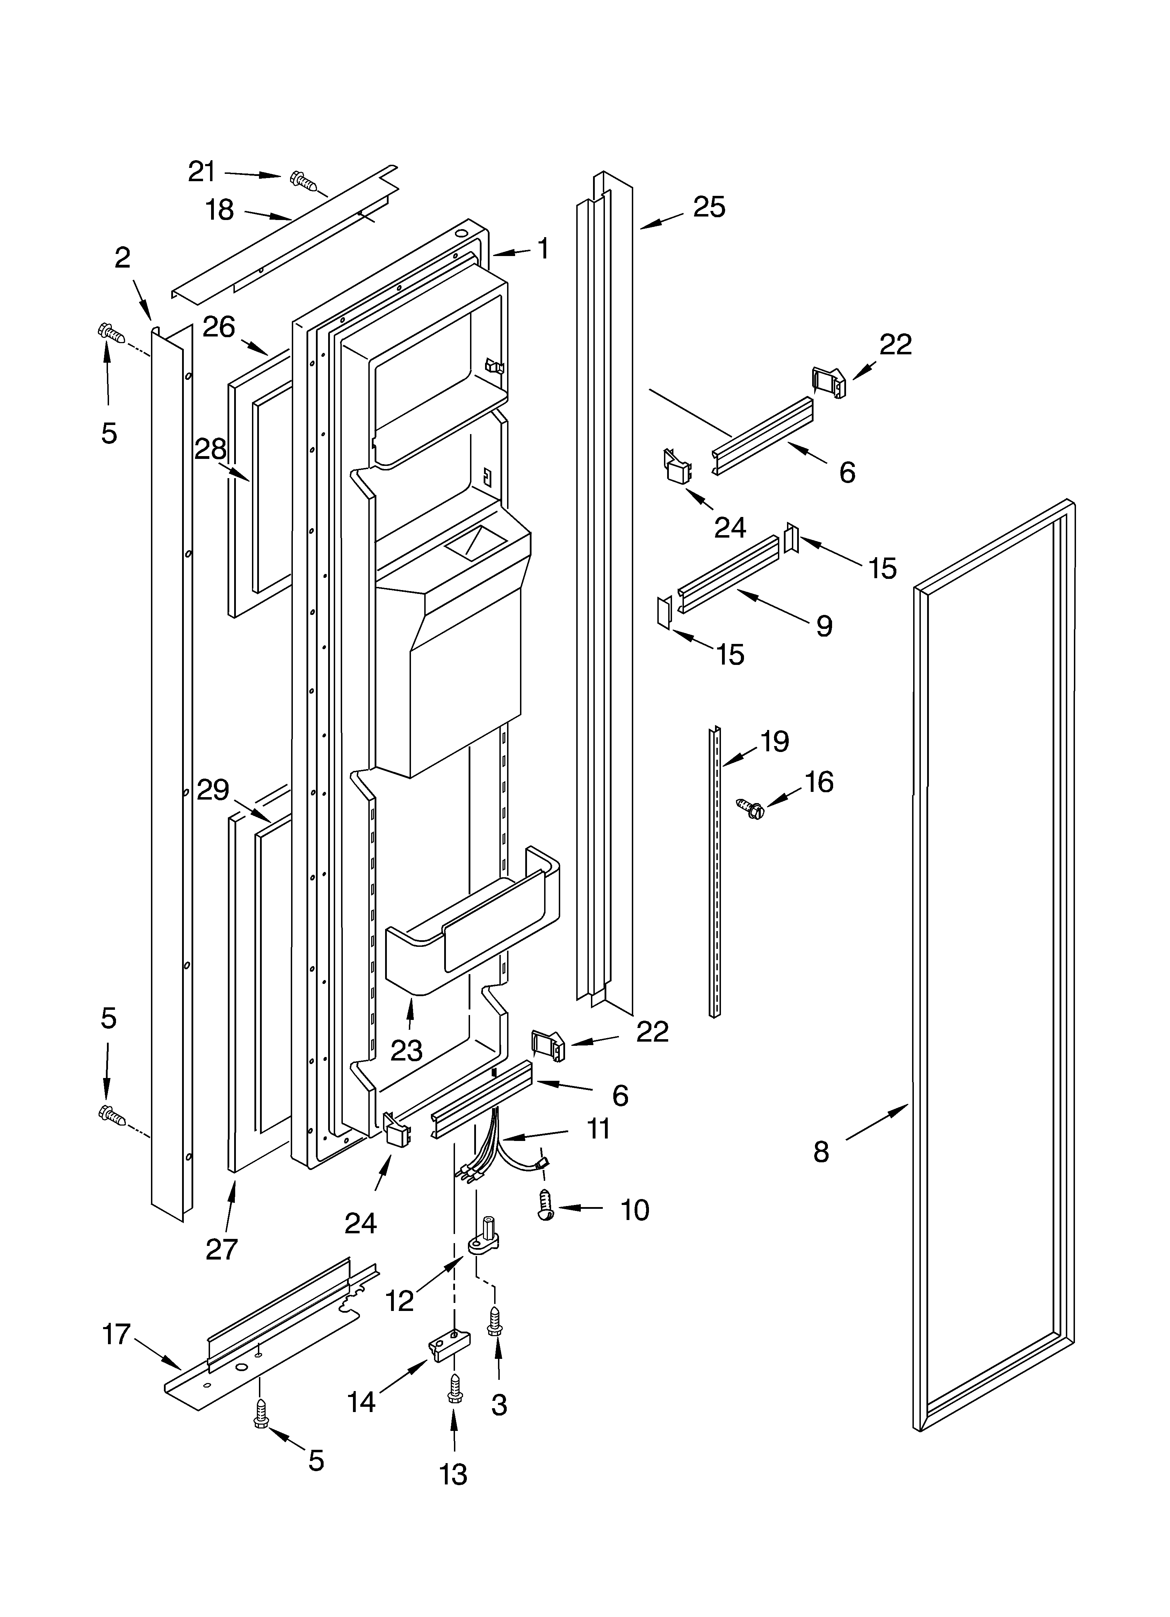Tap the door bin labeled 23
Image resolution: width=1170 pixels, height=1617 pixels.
tap(470, 927)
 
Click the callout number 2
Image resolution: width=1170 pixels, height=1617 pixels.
tap(123, 258)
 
